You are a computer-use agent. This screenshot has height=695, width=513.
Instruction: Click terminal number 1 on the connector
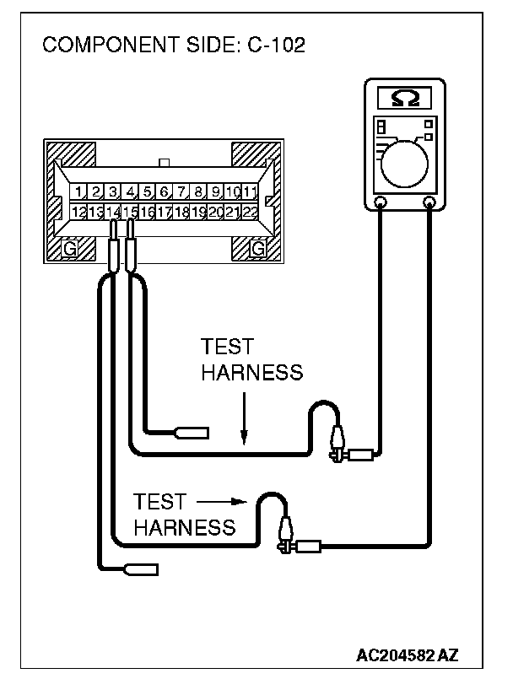click(78, 192)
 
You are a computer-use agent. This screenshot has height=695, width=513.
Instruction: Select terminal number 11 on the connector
click(250, 192)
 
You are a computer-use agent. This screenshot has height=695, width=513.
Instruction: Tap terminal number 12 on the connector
click(78, 213)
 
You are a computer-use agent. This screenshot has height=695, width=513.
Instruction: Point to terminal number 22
click(250, 213)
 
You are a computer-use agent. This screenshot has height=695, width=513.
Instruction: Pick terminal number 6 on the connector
click(165, 192)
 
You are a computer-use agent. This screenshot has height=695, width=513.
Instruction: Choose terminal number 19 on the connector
click(198, 213)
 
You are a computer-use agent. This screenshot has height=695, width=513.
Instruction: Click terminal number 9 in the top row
click(216, 192)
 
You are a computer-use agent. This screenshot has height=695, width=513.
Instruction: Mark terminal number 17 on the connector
click(165, 213)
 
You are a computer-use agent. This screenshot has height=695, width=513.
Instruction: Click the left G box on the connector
click(72, 247)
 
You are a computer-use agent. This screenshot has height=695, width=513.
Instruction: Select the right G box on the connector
click(257, 247)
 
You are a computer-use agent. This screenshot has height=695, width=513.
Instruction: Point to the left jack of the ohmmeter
click(381, 202)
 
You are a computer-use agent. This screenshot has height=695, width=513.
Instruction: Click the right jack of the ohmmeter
click(430, 202)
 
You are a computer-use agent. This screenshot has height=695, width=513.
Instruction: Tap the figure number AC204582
click(395, 655)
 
